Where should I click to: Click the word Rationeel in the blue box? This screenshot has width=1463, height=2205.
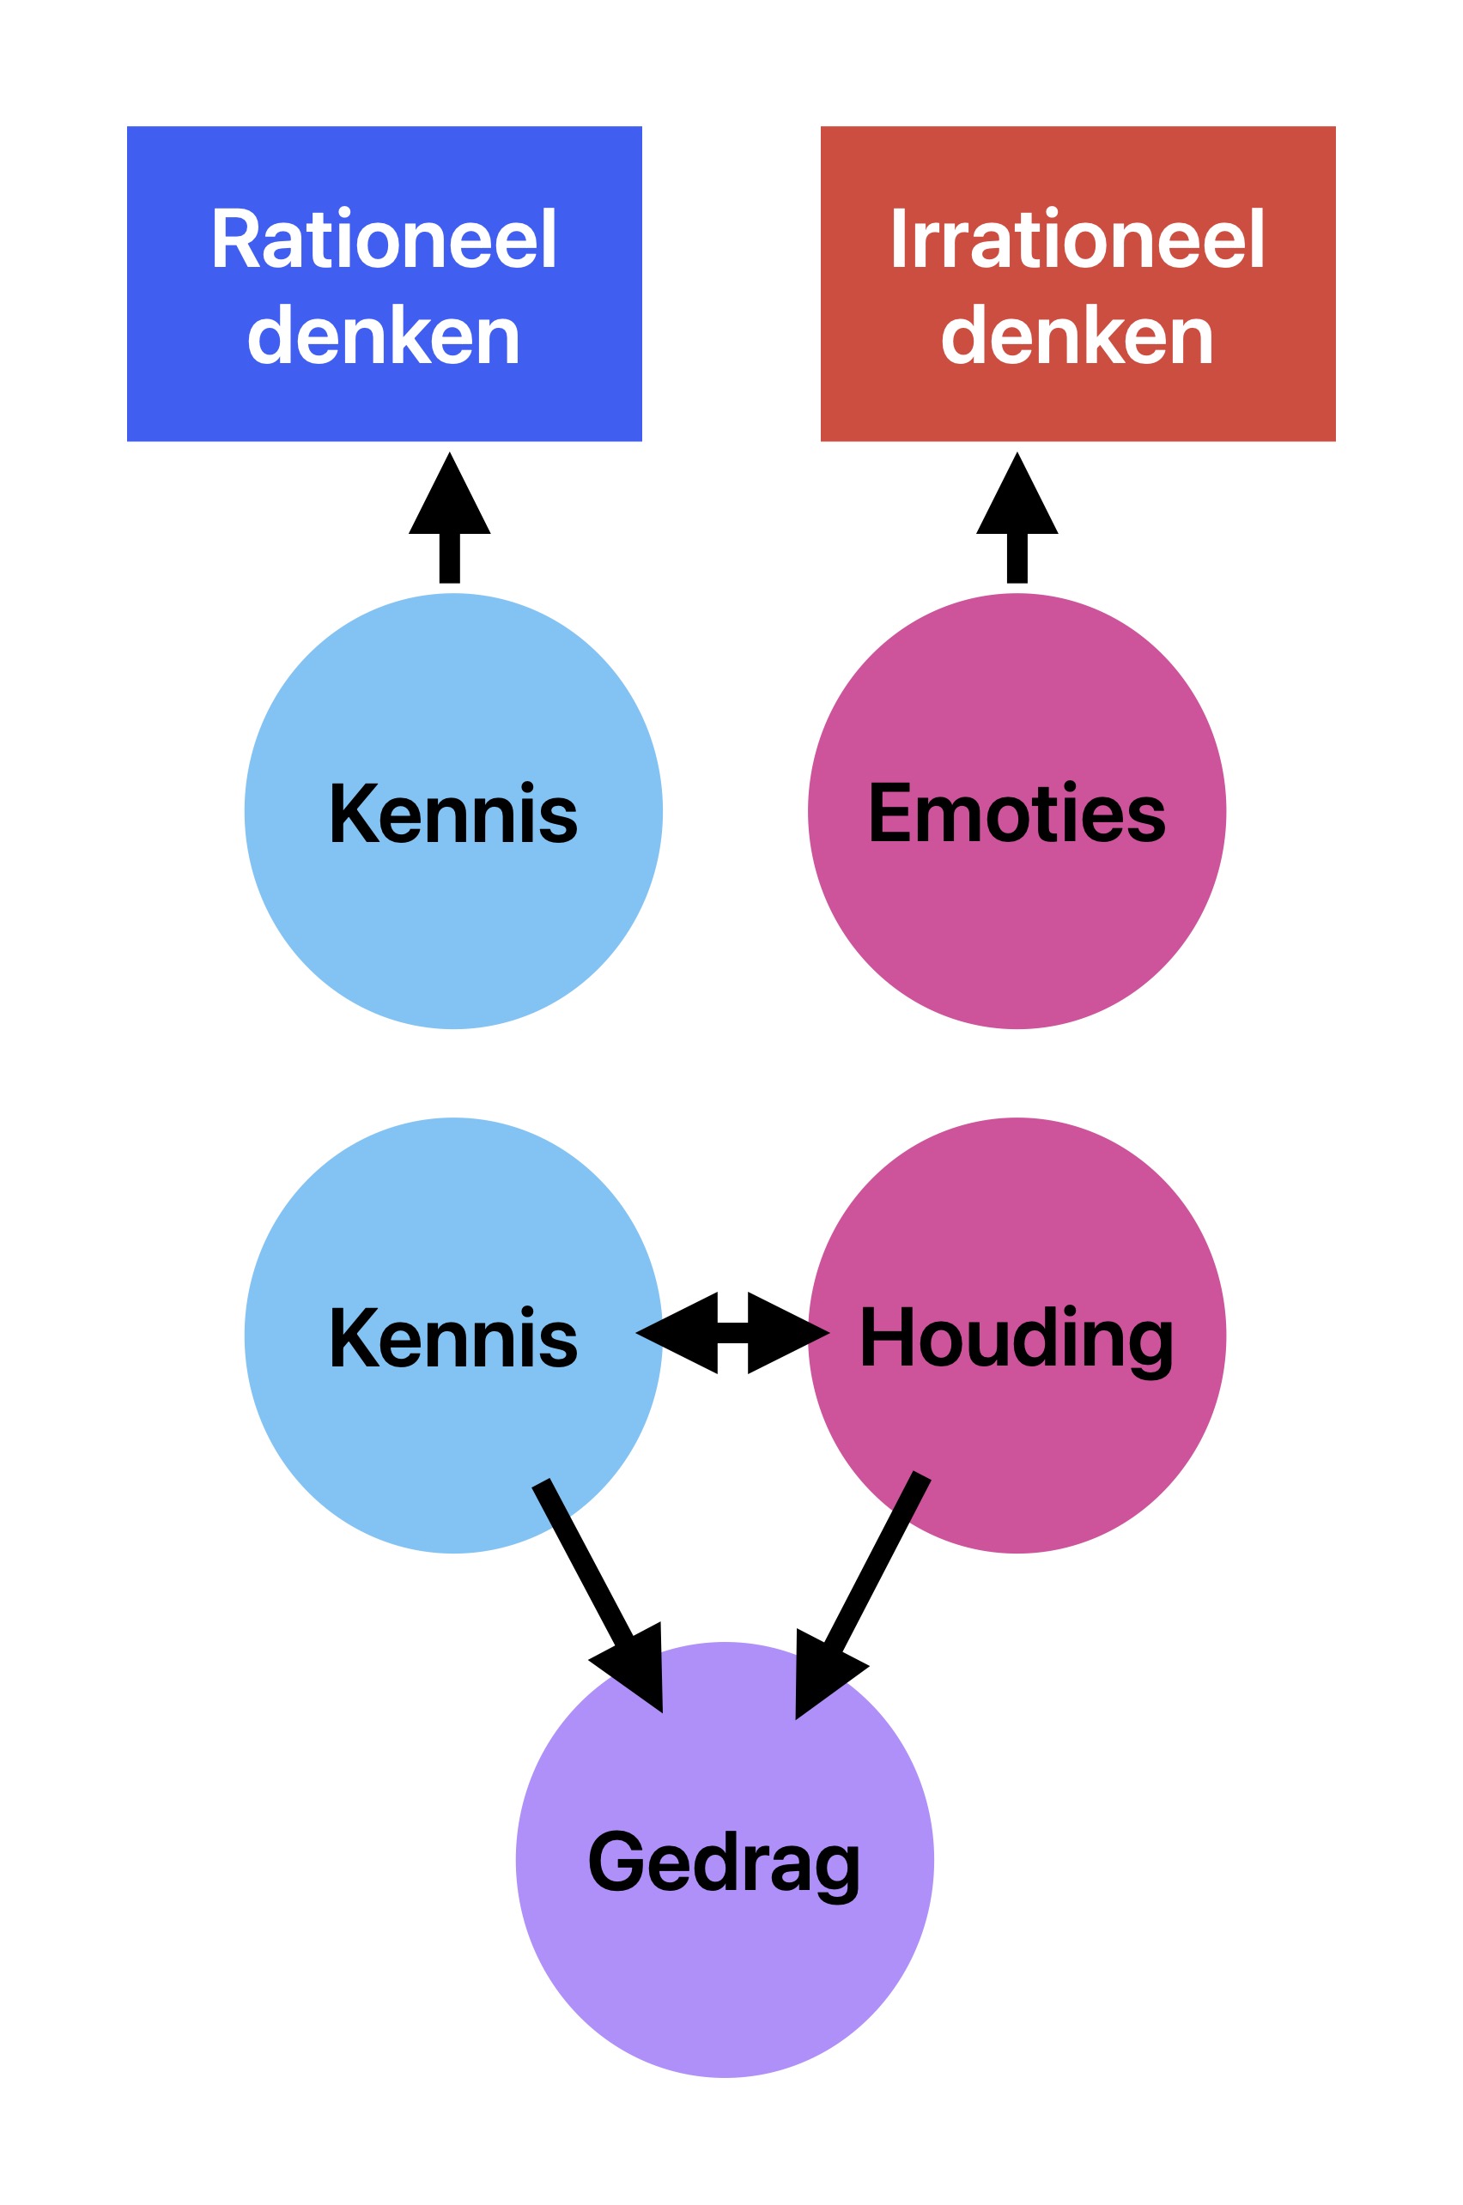pos(384,239)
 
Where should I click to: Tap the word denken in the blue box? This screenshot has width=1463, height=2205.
pos(384,335)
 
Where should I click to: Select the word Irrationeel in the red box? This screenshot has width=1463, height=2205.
pos(1077,239)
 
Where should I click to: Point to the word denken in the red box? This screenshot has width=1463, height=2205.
pos(1077,335)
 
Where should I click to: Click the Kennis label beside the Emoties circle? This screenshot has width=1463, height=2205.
pos(453,814)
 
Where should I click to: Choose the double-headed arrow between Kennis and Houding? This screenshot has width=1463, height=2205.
pos(732,1333)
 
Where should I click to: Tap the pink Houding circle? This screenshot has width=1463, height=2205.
pos(1073,1455)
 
